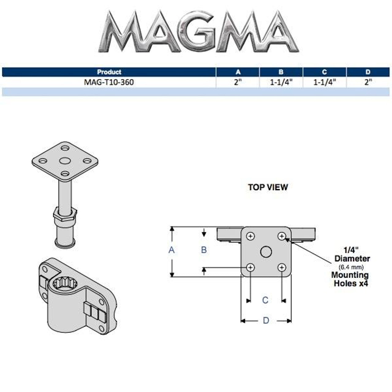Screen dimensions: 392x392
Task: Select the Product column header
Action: tap(109, 72)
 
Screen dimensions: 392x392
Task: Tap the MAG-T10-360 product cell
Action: tap(109, 82)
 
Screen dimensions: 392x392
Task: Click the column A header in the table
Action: tap(238, 72)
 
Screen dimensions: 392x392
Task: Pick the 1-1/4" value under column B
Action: tap(281, 82)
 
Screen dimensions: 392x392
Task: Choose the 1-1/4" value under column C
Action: tap(325, 82)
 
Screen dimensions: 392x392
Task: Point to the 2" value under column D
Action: tap(368, 82)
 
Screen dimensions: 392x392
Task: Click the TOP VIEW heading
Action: tap(268, 187)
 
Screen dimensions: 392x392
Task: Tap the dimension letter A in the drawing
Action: tap(171, 250)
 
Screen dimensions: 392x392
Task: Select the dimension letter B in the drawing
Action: tap(204, 250)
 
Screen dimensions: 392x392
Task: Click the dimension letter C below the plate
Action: tap(266, 300)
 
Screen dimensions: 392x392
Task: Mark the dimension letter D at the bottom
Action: tap(266, 321)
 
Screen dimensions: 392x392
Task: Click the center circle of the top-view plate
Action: tap(266, 252)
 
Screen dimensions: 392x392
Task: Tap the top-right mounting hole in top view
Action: tap(282, 236)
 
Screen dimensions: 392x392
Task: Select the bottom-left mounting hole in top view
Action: tap(251, 268)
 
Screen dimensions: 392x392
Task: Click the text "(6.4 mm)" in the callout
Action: tap(351, 267)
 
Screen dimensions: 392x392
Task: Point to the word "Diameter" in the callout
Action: tap(352, 259)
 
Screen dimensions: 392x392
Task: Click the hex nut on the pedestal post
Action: tap(65, 213)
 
